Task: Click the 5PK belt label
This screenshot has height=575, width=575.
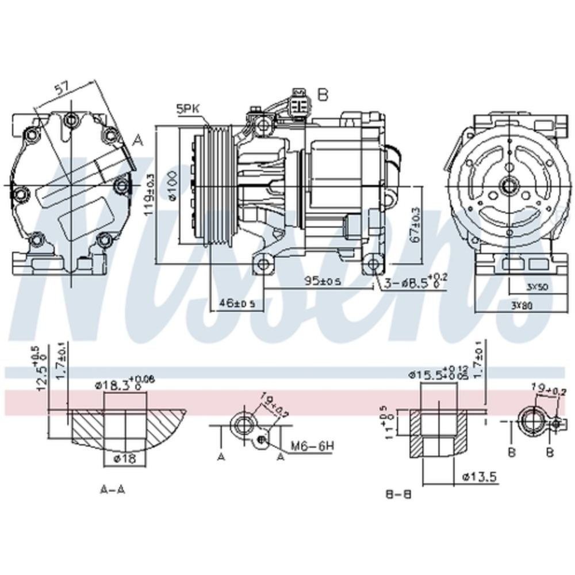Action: [x=188, y=107]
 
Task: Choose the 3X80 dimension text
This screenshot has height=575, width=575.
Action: [x=522, y=305]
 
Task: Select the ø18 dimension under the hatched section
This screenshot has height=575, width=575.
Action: [x=124, y=458]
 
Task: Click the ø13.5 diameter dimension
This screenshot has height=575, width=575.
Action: [x=479, y=476]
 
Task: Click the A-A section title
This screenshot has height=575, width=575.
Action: [x=113, y=489]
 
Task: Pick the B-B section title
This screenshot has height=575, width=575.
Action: [x=399, y=493]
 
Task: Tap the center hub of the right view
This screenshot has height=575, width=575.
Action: [x=509, y=185]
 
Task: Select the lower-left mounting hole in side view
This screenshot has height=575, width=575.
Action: [x=263, y=264]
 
